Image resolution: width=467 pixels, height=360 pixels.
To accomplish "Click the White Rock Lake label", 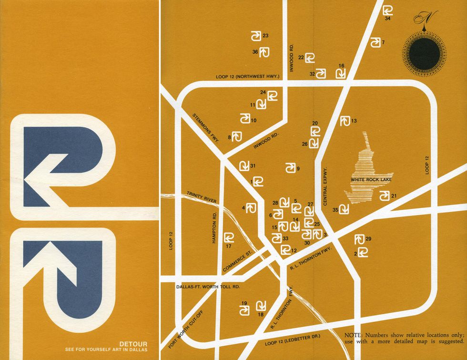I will point(370,180).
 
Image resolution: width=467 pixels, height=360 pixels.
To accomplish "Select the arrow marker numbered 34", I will point(388,10).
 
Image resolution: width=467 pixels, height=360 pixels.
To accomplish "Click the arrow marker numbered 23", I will point(256,36).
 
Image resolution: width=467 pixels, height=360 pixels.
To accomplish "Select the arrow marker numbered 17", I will point(229,237).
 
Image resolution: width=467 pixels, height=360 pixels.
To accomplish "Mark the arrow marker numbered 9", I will point(290,168).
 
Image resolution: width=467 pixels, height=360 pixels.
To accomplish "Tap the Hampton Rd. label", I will point(215,227).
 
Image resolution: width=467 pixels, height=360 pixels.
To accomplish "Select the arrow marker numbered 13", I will point(345,122).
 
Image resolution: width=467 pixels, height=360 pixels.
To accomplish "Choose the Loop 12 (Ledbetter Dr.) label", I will point(293,339).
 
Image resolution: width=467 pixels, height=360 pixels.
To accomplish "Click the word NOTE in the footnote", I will point(353,335).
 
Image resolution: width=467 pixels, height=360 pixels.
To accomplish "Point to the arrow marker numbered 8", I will point(237,135).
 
